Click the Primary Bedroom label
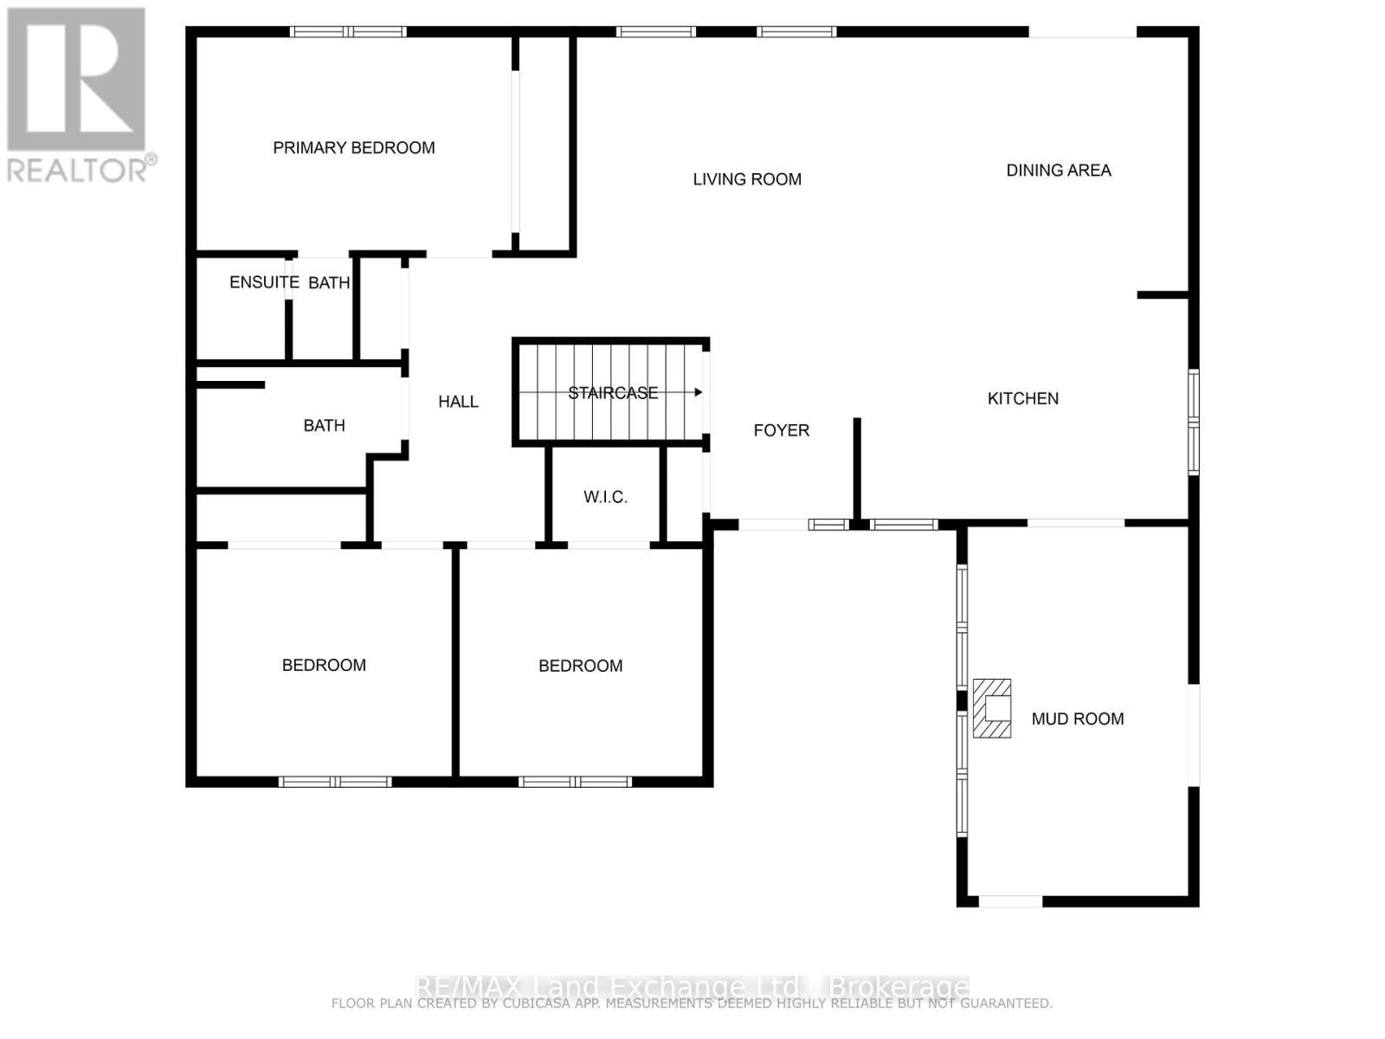(354, 148)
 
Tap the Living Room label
(747, 179)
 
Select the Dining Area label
(1058, 171)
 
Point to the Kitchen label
(1023, 398)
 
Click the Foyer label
(782, 430)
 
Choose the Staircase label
(613, 393)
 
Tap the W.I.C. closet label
(605, 497)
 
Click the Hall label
(458, 402)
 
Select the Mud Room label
(1078, 719)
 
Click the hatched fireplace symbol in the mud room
(992, 708)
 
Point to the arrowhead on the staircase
(698, 392)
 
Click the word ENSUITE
(264, 282)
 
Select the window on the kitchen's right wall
(1194, 422)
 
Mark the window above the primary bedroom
(348, 32)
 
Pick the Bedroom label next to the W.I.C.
(580, 666)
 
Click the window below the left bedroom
(335, 782)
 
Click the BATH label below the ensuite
(324, 425)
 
